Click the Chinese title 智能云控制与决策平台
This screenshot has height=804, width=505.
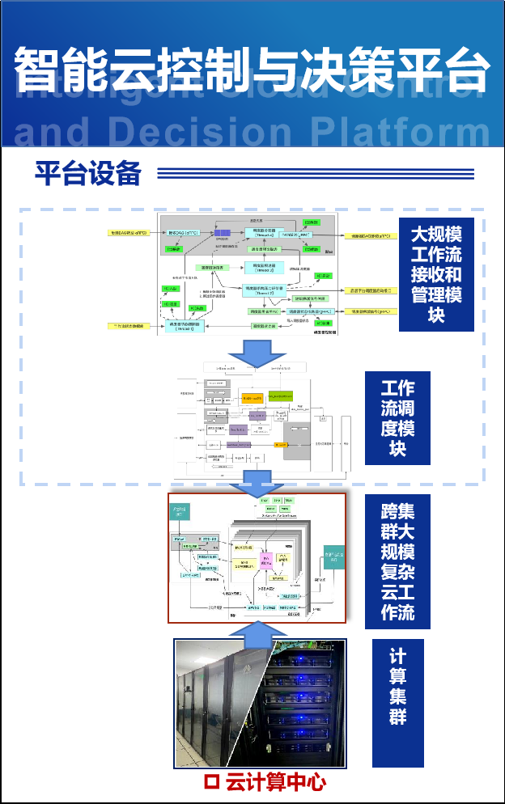(252, 70)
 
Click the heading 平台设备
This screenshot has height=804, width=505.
(87, 173)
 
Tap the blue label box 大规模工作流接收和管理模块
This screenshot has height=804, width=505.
(436, 275)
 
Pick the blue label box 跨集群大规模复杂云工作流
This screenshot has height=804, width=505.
(397, 563)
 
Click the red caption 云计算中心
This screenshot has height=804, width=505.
(275, 782)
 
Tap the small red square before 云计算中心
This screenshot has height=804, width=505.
(212, 782)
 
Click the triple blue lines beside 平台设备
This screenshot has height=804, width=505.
(315, 173)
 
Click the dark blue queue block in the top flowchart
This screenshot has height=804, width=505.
(222, 233)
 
